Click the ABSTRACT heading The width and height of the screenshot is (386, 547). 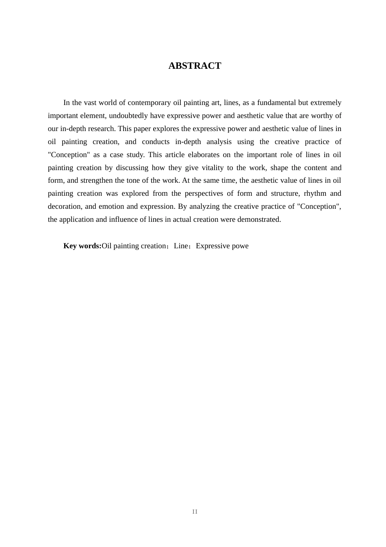(195, 66)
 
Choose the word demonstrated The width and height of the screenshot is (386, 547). (260, 219)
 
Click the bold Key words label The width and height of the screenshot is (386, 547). (82, 246)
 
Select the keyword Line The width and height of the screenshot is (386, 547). (181, 246)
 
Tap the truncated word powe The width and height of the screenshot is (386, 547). (240, 246)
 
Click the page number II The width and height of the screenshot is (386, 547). (195, 512)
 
